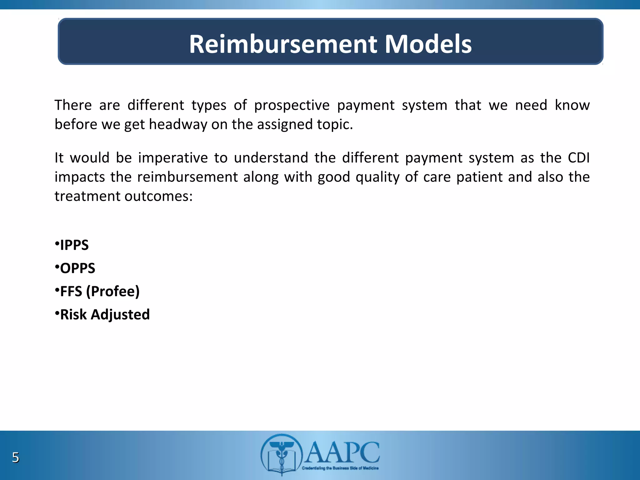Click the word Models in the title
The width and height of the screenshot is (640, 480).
click(428, 44)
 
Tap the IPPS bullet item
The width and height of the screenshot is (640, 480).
click(74, 245)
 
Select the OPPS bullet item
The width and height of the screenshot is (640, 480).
click(77, 268)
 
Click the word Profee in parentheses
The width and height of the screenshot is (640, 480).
click(112, 291)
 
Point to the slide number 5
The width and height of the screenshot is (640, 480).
click(15, 457)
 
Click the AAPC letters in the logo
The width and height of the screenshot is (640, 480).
click(342, 452)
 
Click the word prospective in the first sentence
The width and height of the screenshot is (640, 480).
click(292, 105)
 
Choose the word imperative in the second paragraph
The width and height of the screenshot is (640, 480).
click(173, 157)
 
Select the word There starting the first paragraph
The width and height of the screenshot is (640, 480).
click(73, 105)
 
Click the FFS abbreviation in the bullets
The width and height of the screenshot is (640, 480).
click(71, 291)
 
